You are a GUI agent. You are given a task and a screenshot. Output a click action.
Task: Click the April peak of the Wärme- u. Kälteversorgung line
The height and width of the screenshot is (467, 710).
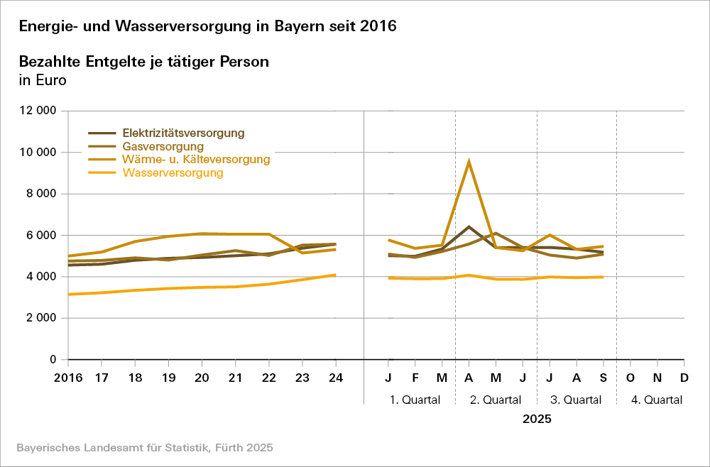coord(469,162)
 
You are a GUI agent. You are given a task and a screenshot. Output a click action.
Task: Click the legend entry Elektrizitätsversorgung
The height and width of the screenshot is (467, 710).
coord(183,133)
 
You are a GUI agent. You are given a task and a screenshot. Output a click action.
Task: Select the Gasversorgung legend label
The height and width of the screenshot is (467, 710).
coord(158,146)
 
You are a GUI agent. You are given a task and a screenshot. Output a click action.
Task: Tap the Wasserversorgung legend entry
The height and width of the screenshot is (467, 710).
coord(173,172)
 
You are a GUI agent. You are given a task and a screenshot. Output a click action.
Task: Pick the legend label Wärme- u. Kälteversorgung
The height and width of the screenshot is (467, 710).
coord(196,160)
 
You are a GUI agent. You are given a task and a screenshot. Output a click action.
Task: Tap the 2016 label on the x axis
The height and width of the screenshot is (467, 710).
coord(69,377)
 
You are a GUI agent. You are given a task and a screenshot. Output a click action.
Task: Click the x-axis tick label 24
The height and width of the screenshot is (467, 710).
coord(336,377)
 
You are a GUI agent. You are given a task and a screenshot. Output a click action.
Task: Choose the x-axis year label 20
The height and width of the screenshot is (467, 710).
coord(202,377)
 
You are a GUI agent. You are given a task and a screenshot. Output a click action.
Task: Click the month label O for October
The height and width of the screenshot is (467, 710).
coord(630,377)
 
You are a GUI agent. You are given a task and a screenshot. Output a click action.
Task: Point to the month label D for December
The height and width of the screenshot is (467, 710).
coord(684,377)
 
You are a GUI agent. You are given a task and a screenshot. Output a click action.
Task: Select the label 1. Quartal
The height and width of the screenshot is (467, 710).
coord(415,400)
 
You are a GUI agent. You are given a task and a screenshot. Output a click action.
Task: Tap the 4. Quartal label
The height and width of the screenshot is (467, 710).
coord(657,400)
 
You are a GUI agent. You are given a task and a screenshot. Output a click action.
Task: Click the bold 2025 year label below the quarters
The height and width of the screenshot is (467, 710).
coord(537,419)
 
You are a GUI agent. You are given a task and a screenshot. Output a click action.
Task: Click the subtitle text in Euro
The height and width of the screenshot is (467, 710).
coord(42,80)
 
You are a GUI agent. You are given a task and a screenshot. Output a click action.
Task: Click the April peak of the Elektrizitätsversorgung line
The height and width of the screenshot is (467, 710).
coord(469,227)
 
